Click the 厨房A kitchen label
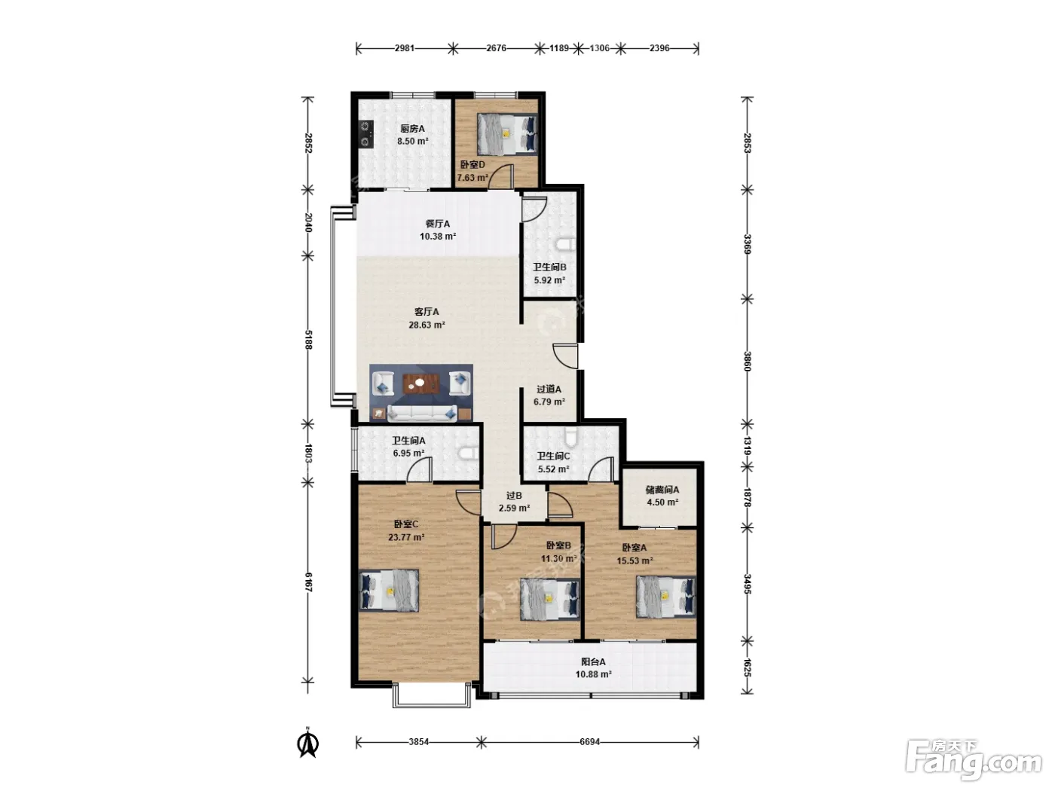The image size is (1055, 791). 412,129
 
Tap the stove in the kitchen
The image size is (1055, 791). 366,134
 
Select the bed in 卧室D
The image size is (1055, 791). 507,134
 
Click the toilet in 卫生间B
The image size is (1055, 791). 565,245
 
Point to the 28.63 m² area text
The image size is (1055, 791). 427,325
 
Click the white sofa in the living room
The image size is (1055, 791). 422,413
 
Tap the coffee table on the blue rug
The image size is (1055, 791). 421,383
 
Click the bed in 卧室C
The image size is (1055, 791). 389,591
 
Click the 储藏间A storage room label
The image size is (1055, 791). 662,490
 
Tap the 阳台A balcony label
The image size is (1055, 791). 593,662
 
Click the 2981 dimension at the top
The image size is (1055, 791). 404,48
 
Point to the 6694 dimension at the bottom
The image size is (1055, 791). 589,742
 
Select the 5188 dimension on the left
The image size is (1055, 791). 308,340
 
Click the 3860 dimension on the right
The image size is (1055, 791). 747,361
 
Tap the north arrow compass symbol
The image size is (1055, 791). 308,744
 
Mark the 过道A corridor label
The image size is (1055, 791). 549,389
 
